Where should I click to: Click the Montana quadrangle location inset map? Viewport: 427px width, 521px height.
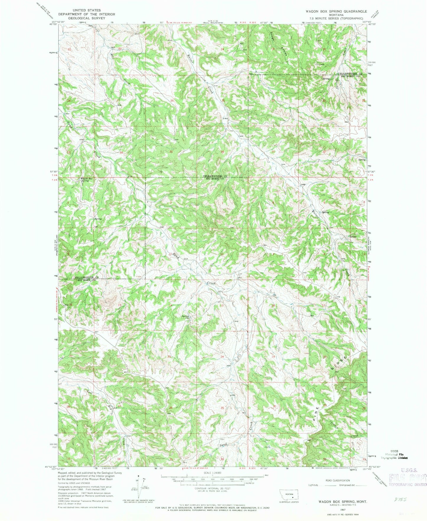[290, 496]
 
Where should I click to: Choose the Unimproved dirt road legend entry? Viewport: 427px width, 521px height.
[352, 485]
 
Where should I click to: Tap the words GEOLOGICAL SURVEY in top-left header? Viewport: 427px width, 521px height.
[87, 18]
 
